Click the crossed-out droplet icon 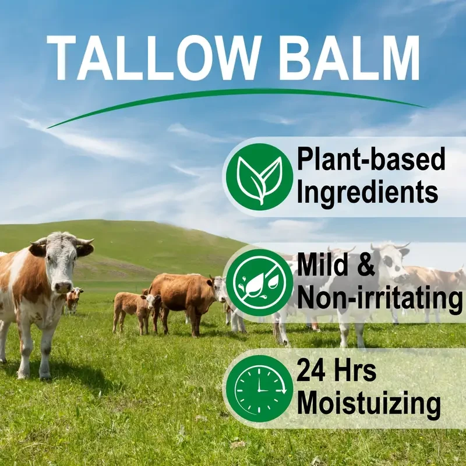[x=259, y=282]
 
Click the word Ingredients [x=367, y=192]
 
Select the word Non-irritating [x=376, y=298]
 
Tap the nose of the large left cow [x=62, y=286]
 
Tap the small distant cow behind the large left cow [x=73, y=297]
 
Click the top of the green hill [x=105, y=223]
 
